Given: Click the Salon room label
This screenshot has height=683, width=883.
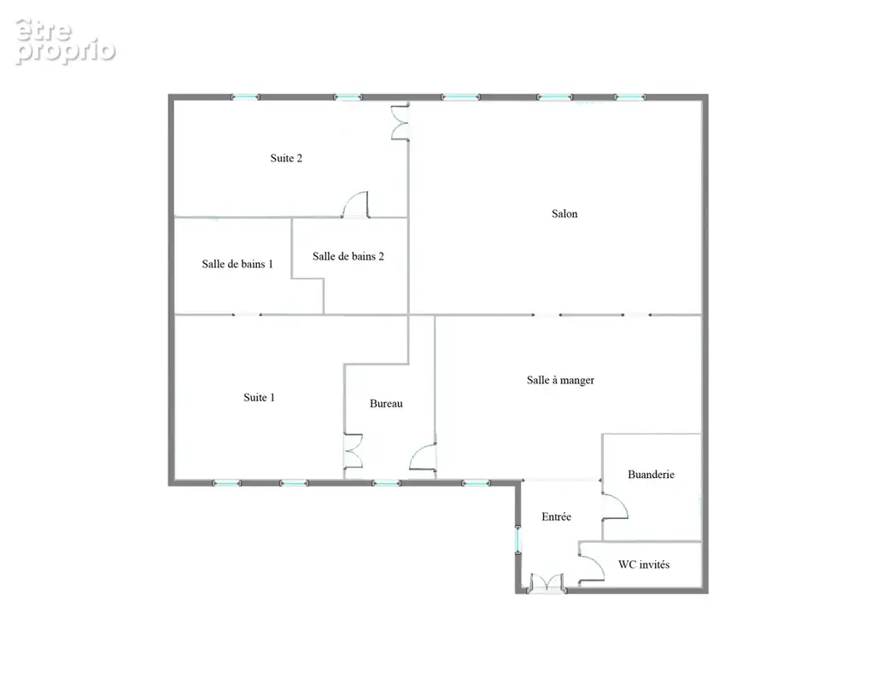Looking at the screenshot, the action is point(564,213).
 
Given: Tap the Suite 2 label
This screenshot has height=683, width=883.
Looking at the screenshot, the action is point(286,158).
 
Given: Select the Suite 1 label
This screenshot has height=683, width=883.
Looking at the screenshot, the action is point(259,398).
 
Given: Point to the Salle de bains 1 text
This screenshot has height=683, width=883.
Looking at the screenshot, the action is point(237,264).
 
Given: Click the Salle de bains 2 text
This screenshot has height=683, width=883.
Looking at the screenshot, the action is point(348,256).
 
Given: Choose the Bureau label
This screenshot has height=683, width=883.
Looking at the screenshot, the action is point(386,404).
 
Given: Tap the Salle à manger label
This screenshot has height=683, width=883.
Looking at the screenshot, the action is point(560,380).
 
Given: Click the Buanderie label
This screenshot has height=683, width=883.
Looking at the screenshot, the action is point(651,475).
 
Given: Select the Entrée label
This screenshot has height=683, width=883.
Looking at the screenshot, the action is point(557,517).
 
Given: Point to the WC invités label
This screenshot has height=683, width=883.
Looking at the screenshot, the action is point(644,565).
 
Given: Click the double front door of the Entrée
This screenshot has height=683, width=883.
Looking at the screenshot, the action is point(547,583).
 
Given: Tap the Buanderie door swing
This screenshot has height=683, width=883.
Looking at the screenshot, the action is point(616,505).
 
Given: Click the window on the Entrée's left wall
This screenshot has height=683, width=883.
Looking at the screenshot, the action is point(518,540).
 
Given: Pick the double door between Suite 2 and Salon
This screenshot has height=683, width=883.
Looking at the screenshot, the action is point(401,121).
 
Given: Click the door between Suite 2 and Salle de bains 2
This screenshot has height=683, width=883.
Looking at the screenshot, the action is point(355,205).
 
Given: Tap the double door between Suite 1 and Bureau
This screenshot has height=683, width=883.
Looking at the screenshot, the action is point(353,451).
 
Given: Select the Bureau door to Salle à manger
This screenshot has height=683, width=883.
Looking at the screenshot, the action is point(423,457).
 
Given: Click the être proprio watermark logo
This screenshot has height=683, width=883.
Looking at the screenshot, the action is point(65,42).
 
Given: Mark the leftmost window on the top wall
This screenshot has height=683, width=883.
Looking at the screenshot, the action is point(246,97).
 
